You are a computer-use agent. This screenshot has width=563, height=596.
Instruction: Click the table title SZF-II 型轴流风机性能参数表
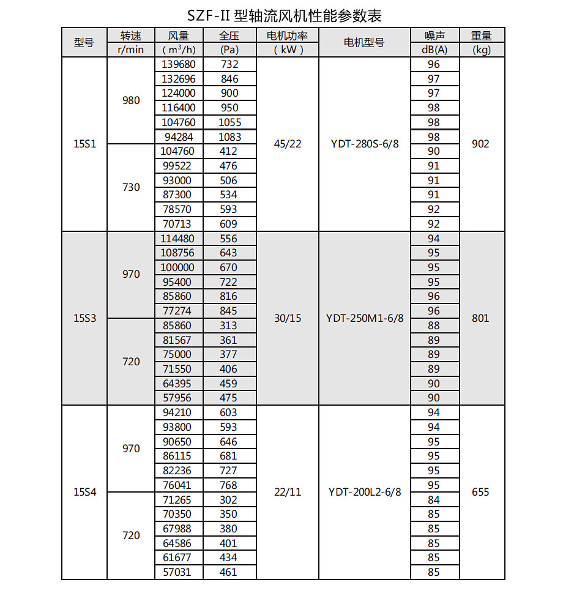click(x=281, y=15)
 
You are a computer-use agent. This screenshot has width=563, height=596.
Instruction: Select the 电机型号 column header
click(x=364, y=42)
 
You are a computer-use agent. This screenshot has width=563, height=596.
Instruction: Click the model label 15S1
click(x=84, y=144)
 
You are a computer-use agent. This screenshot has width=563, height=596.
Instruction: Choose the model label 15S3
click(x=84, y=318)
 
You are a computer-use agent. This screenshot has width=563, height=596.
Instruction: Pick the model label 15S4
click(x=84, y=492)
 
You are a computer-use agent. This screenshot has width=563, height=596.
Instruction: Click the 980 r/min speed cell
click(x=131, y=100)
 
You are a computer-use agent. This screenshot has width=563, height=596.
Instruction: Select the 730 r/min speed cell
click(x=131, y=187)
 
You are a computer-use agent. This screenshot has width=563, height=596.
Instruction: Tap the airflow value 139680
click(x=178, y=64)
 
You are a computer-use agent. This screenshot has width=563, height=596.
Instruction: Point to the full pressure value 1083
click(x=229, y=137)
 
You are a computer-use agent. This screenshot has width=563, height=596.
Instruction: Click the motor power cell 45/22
click(x=288, y=144)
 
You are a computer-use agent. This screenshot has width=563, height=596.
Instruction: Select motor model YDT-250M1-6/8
click(x=365, y=318)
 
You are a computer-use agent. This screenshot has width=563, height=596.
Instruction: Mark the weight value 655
click(x=481, y=492)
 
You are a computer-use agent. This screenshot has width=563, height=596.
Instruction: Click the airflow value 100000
click(x=178, y=267)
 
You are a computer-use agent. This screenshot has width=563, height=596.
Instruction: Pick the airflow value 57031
click(x=178, y=572)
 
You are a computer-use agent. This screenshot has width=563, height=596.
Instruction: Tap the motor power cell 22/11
click(x=288, y=492)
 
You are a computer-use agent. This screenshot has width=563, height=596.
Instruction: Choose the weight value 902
click(x=481, y=144)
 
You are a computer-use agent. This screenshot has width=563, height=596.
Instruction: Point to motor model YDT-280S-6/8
click(x=365, y=144)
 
